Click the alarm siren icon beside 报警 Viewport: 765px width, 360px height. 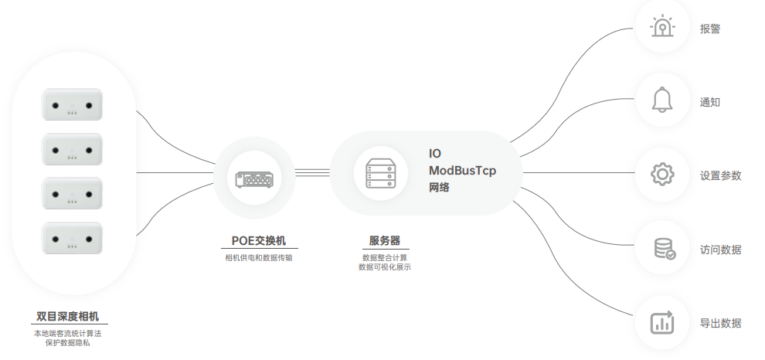pyautogui.click(x=662, y=28)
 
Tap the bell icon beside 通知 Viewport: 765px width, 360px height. pyautogui.click(x=662, y=101)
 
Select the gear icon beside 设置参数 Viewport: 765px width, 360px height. pyautogui.click(x=662, y=175)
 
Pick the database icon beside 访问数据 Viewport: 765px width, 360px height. pyautogui.click(x=663, y=249)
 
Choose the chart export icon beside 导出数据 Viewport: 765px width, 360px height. pyautogui.click(x=662, y=322)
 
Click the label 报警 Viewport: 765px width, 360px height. pyautogui.click(x=710, y=29)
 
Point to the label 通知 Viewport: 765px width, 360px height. pyautogui.click(x=710, y=102)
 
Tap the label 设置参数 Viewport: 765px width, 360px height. pyautogui.click(x=720, y=175)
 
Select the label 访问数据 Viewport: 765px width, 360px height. pyautogui.click(x=720, y=250)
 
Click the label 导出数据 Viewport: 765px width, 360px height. pyautogui.click(x=720, y=323)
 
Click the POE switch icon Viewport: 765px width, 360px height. pyautogui.click(x=254, y=178)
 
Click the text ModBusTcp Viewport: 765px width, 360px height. pyautogui.click(x=463, y=170)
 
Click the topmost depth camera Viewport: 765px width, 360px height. pyautogui.click(x=72, y=105)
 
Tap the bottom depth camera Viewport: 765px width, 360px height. pyautogui.click(x=72, y=238)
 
